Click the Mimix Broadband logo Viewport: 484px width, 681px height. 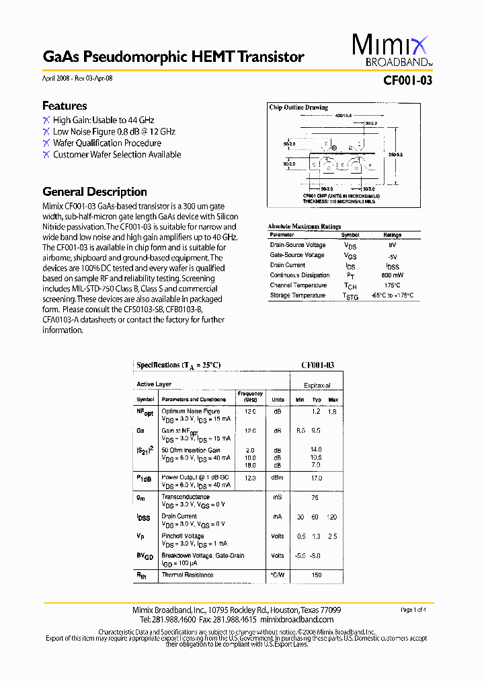(392, 51)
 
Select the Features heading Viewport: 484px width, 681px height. (65, 106)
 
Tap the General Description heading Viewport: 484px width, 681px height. (95, 192)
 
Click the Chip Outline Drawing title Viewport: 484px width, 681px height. (298, 108)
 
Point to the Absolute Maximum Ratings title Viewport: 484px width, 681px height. (304, 227)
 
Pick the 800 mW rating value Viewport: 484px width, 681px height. (393, 275)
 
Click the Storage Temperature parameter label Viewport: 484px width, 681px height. (298, 295)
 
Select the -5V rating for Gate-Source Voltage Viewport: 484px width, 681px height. (393, 256)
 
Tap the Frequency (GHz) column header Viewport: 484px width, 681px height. (250, 396)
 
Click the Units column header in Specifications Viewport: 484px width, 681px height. (278, 400)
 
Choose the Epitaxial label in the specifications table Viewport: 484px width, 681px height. (317, 386)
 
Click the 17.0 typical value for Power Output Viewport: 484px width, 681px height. (317, 478)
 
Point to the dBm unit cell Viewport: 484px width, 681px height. (278, 478)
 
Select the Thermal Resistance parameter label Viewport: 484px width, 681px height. (188, 575)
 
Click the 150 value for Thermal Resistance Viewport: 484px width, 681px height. (317, 575)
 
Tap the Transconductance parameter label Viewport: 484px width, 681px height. (186, 497)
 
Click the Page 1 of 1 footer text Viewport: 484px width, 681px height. (413, 610)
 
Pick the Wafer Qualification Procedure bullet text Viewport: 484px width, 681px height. (108, 143)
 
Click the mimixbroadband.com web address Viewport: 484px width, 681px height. (296, 619)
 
